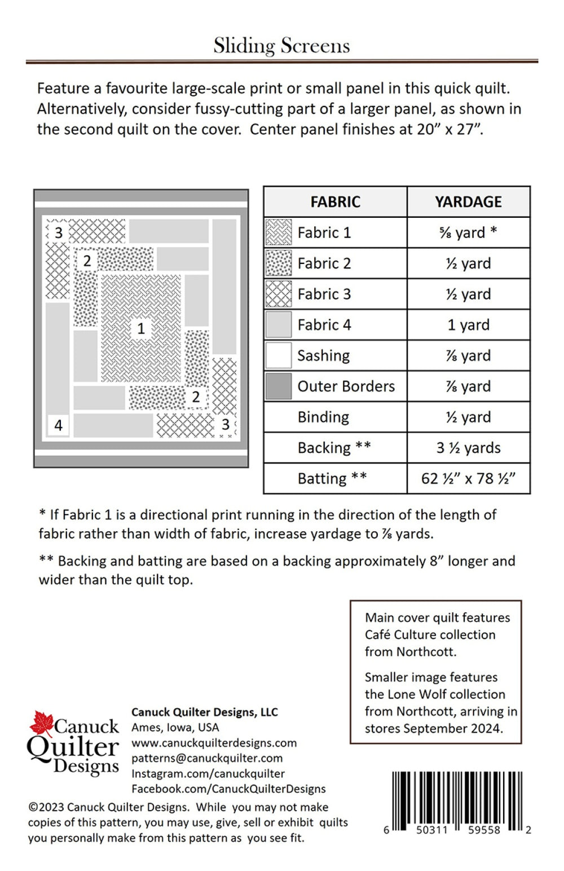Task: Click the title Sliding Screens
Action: (281, 45)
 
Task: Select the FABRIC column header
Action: (335, 202)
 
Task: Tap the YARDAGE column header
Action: (468, 202)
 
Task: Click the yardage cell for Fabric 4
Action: (468, 325)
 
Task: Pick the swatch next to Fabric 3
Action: (279, 294)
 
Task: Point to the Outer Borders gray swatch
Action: (279, 386)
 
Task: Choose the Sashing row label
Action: (323, 355)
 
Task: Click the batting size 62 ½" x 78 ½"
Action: (468, 478)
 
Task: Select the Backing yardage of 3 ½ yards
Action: (468, 448)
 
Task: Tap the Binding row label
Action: (323, 417)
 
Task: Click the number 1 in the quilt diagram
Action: (141, 328)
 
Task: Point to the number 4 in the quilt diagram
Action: (58, 425)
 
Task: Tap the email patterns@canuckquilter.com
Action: (207, 758)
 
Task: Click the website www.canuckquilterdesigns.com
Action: (214, 743)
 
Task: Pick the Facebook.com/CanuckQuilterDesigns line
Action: (228, 789)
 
